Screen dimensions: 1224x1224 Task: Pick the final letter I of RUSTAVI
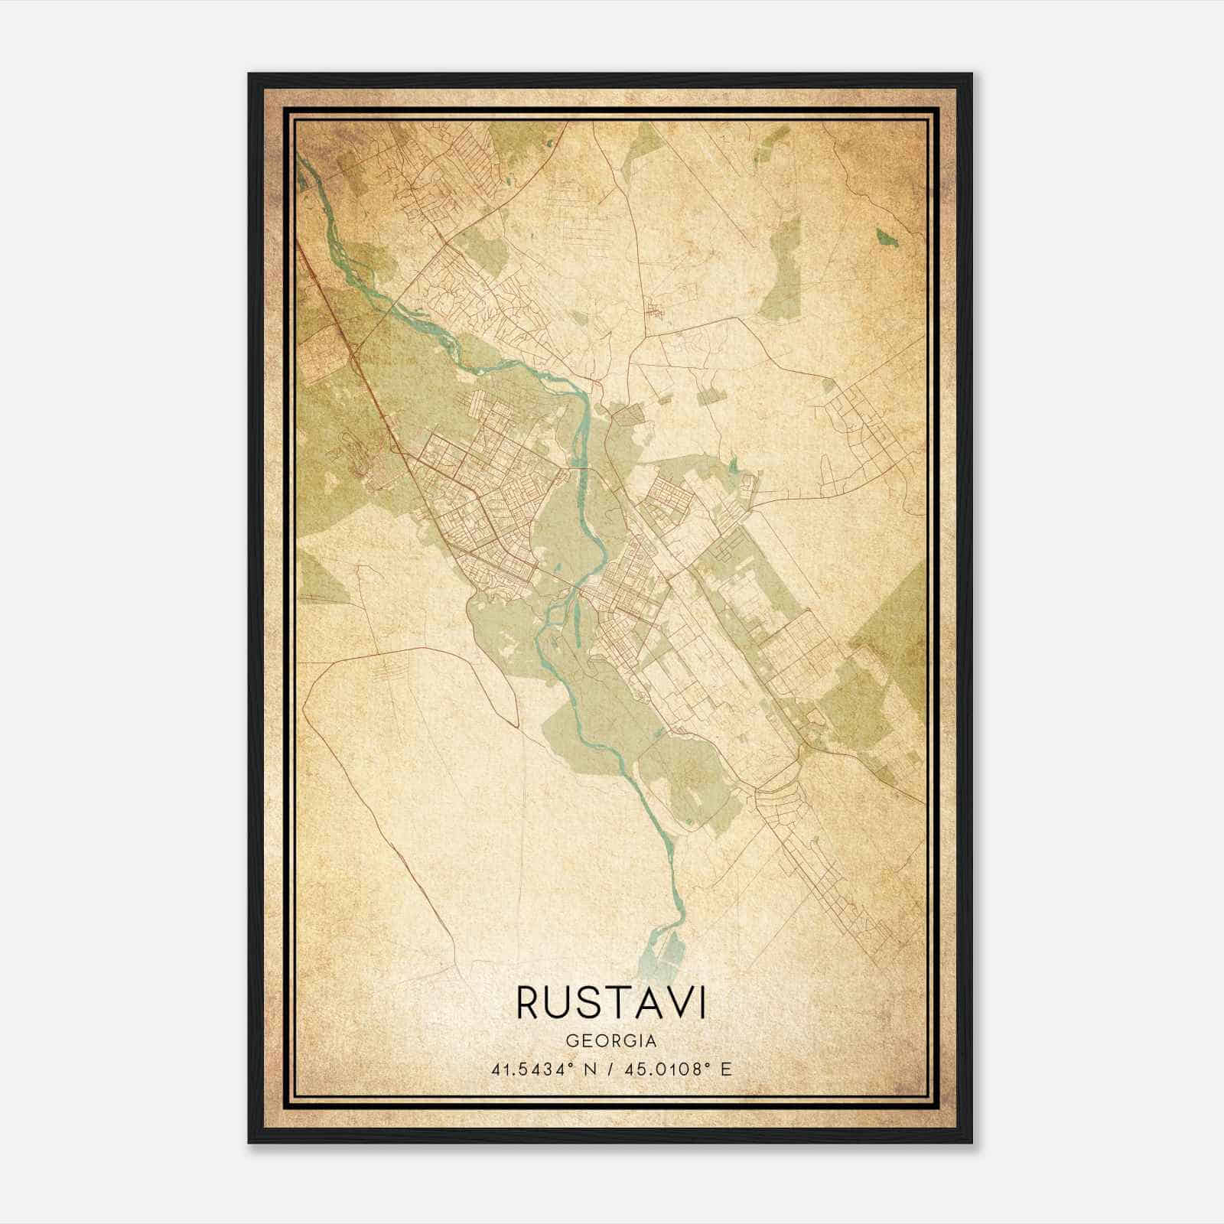click(x=703, y=1002)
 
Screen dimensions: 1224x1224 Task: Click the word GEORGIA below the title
click(x=611, y=1041)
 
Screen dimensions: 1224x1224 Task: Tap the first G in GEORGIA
click(x=571, y=1041)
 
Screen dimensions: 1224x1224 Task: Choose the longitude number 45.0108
click(x=656, y=1069)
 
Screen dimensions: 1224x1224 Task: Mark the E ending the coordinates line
click(x=727, y=1069)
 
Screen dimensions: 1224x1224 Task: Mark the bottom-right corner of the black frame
click(x=972, y=1142)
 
